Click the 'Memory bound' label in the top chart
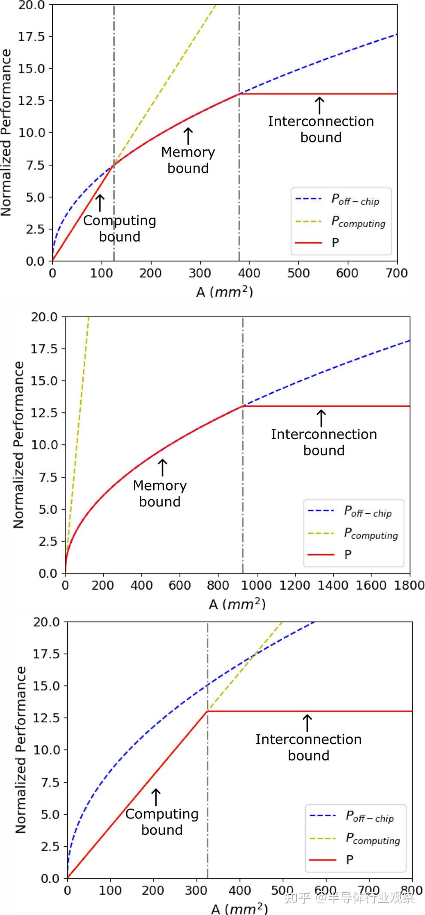click(188, 160)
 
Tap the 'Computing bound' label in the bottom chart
click(162, 822)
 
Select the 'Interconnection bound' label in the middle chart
click(324, 442)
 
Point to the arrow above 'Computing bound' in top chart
click(100, 203)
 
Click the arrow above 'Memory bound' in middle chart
click(162, 468)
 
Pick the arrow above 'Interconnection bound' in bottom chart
click(307, 723)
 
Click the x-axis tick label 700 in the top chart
click(397, 273)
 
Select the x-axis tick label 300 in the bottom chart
click(196, 890)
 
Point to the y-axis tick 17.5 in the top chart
click(31, 36)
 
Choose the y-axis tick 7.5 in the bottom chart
click(50, 782)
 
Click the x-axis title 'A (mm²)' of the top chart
click(224, 292)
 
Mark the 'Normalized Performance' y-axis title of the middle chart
click(18, 445)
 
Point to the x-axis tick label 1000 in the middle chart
click(256, 585)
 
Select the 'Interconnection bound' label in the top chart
click(321, 129)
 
